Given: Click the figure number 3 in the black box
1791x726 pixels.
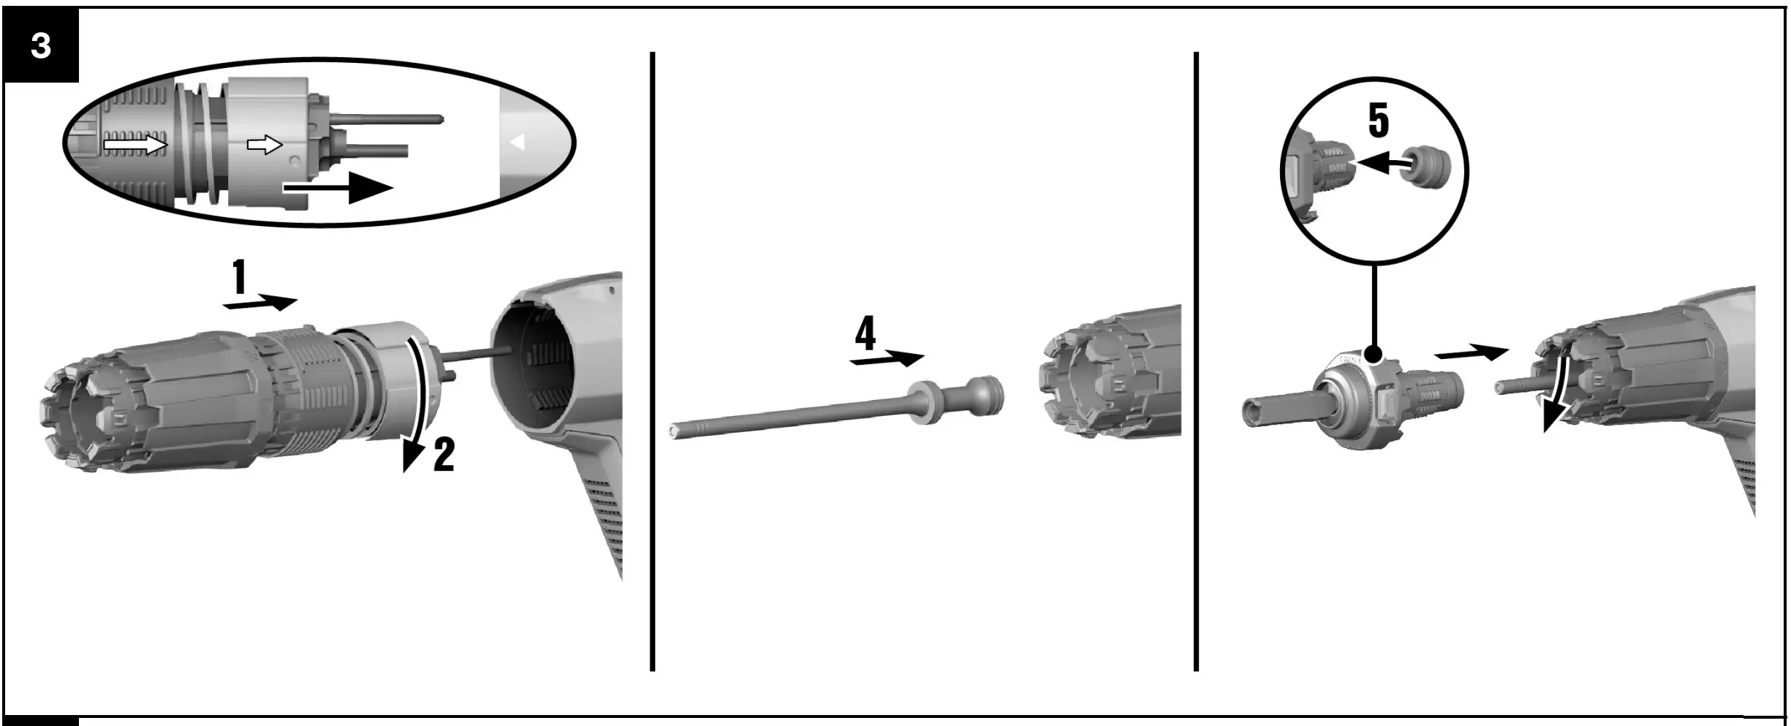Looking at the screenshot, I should [x=41, y=46].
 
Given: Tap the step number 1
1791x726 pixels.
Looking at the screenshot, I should [x=239, y=278].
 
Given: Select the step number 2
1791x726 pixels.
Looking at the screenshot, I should [x=444, y=455].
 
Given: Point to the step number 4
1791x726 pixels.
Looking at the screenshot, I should [x=866, y=334].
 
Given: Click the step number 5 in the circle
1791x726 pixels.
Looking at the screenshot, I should [x=1378, y=121].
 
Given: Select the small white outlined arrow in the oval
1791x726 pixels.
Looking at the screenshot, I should [x=265, y=145].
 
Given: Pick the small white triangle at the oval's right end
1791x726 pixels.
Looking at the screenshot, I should [x=518, y=143].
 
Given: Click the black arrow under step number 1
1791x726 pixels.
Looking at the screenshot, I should [x=261, y=303].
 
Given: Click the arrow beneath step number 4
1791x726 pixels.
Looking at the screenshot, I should [x=887, y=359].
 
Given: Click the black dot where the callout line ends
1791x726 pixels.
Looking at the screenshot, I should [x=1374, y=355].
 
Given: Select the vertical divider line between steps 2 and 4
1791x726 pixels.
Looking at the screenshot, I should [x=652, y=362].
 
